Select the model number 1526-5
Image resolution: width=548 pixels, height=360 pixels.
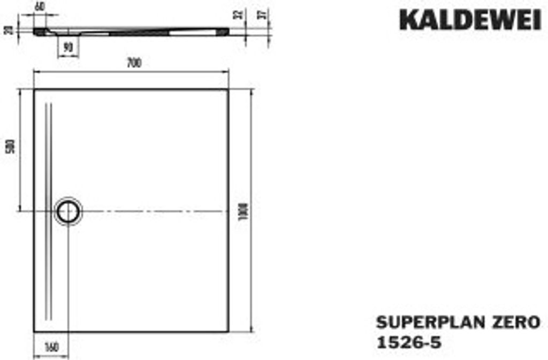409,342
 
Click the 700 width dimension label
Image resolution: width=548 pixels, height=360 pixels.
134,64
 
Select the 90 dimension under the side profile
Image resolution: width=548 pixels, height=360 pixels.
68,48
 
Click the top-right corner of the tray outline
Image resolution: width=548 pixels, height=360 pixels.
228,90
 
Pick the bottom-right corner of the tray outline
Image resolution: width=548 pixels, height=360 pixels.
228,332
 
